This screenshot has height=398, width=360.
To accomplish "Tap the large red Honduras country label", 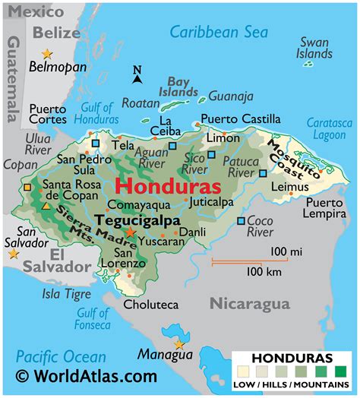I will tap(169, 187).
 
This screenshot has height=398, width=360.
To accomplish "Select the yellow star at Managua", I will tap(179, 344).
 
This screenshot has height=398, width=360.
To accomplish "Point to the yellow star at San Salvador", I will tap(13, 254).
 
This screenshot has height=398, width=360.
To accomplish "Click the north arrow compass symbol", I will tap(137, 74).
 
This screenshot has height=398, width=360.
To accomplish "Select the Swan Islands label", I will tap(314, 48).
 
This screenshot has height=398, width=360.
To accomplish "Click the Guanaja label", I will tap(231, 96).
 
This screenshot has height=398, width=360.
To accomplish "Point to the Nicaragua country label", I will tap(250, 304).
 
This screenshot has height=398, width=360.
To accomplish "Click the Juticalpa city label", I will tap(212, 203).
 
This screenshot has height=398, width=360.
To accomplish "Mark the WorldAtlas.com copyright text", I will tap(87, 376).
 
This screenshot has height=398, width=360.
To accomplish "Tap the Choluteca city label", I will tap(152, 305).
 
